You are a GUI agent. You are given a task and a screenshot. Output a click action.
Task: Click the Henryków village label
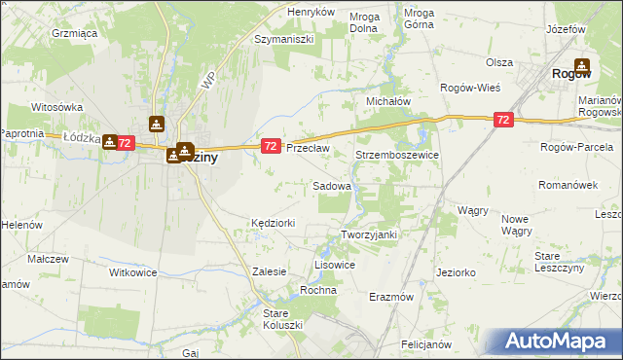(x=311, y=12)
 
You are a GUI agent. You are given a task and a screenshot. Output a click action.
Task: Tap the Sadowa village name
(x=332, y=185)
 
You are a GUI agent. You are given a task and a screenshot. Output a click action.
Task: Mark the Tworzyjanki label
(x=370, y=234)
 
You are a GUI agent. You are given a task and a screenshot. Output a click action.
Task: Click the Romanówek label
(x=567, y=184)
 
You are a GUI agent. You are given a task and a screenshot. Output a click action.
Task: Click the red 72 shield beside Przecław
(x=271, y=146)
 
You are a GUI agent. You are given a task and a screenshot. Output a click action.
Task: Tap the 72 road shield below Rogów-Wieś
(x=502, y=120)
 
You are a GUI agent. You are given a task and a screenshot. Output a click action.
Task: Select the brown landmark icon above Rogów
(x=581, y=65)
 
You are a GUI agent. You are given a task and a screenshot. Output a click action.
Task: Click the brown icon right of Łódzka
(x=110, y=141)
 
